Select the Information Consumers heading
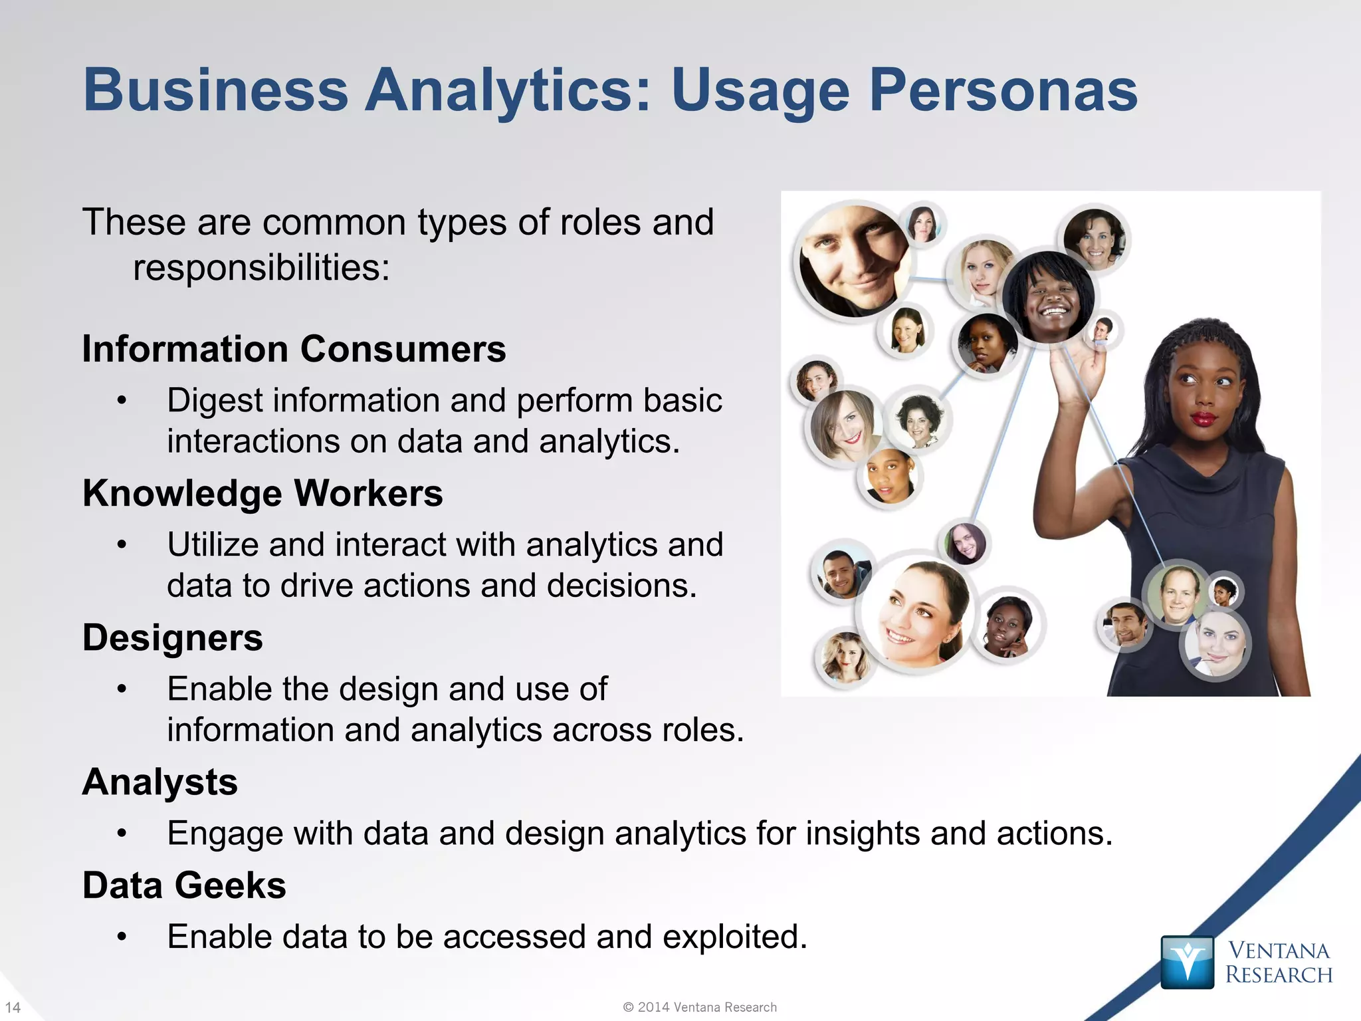[294, 349]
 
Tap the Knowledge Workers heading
[262, 493]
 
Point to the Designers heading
[173, 637]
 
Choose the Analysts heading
[160, 782]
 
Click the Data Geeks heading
[184, 885]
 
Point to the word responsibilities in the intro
[261, 268]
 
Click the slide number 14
[13, 1007]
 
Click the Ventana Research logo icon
[1187, 962]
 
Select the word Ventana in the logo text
[1277, 951]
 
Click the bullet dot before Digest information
[121, 401]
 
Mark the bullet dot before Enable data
[121, 937]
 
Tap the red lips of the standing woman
[1203, 419]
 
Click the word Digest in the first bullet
[211, 401]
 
